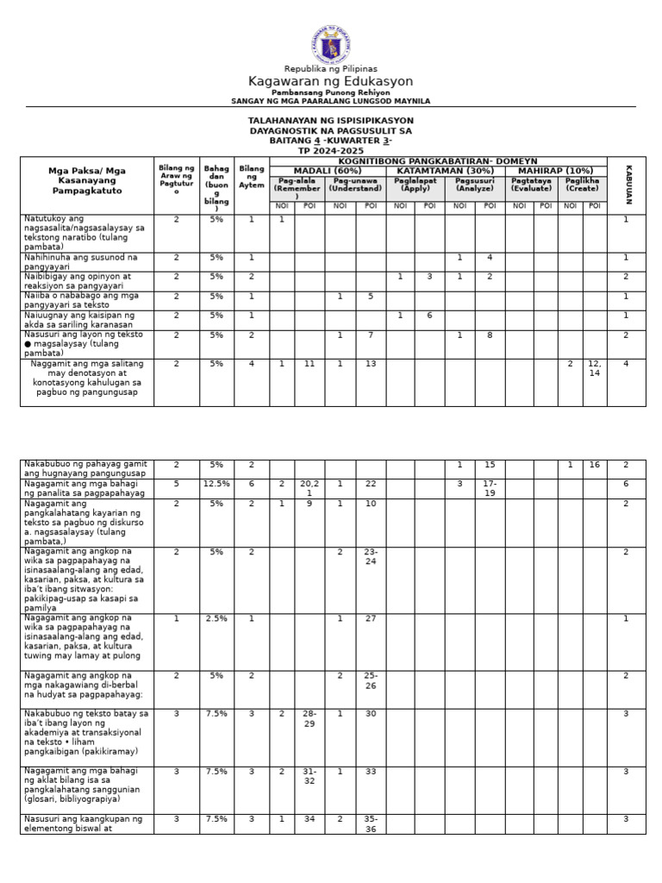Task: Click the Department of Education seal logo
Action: click(331, 45)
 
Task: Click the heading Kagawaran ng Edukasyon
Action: click(331, 81)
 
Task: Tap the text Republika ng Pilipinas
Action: click(331, 69)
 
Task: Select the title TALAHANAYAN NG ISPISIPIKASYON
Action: click(331, 121)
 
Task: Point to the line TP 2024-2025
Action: click(331, 150)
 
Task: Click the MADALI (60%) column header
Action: click(328, 170)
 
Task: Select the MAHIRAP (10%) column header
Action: click(556, 170)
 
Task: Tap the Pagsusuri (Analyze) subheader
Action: click(474, 185)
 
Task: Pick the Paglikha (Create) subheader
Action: click(583, 185)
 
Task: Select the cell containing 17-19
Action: click(490, 489)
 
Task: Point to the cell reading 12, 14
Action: click(594, 369)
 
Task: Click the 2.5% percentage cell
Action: click(216, 618)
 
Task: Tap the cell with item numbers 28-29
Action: click(309, 718)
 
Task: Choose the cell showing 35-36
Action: click(370, 824)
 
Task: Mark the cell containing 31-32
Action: click(309, 776)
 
